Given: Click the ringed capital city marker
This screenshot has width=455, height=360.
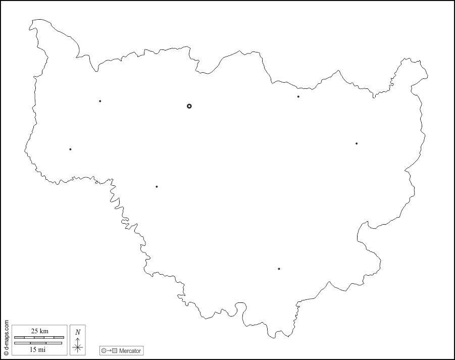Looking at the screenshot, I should click(189, 106).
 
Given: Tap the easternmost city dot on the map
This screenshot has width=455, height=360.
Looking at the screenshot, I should click(357, 143).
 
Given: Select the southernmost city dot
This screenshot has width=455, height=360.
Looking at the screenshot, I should click(279, 269).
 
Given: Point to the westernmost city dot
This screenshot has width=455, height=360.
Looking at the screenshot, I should click(70, 149).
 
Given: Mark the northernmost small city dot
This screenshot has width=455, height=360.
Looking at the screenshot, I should click(298, 96).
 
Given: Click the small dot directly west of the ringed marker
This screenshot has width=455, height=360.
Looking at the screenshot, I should click(100, 101).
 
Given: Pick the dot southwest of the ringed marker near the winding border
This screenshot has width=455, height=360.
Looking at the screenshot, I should click(157, 187).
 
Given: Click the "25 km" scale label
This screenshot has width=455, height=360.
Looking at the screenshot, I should click(39, 331).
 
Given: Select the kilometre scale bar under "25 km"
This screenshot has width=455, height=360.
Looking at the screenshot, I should click(39, 337).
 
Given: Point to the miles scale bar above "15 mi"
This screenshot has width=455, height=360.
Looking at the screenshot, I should click(38, 343).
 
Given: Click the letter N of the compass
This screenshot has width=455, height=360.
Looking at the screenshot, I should click(77, 332).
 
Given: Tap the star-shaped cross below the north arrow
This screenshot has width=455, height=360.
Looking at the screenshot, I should click(77, 347).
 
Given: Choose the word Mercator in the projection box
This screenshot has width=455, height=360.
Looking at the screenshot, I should click(130, 350).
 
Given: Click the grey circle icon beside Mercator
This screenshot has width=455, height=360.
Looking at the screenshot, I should click(104, 350).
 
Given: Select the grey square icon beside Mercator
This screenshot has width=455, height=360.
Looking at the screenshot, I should click(115, 350).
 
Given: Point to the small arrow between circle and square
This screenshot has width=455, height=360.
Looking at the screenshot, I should click(109, 350).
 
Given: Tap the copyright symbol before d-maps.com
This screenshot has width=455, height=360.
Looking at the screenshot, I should click(6, 353).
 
